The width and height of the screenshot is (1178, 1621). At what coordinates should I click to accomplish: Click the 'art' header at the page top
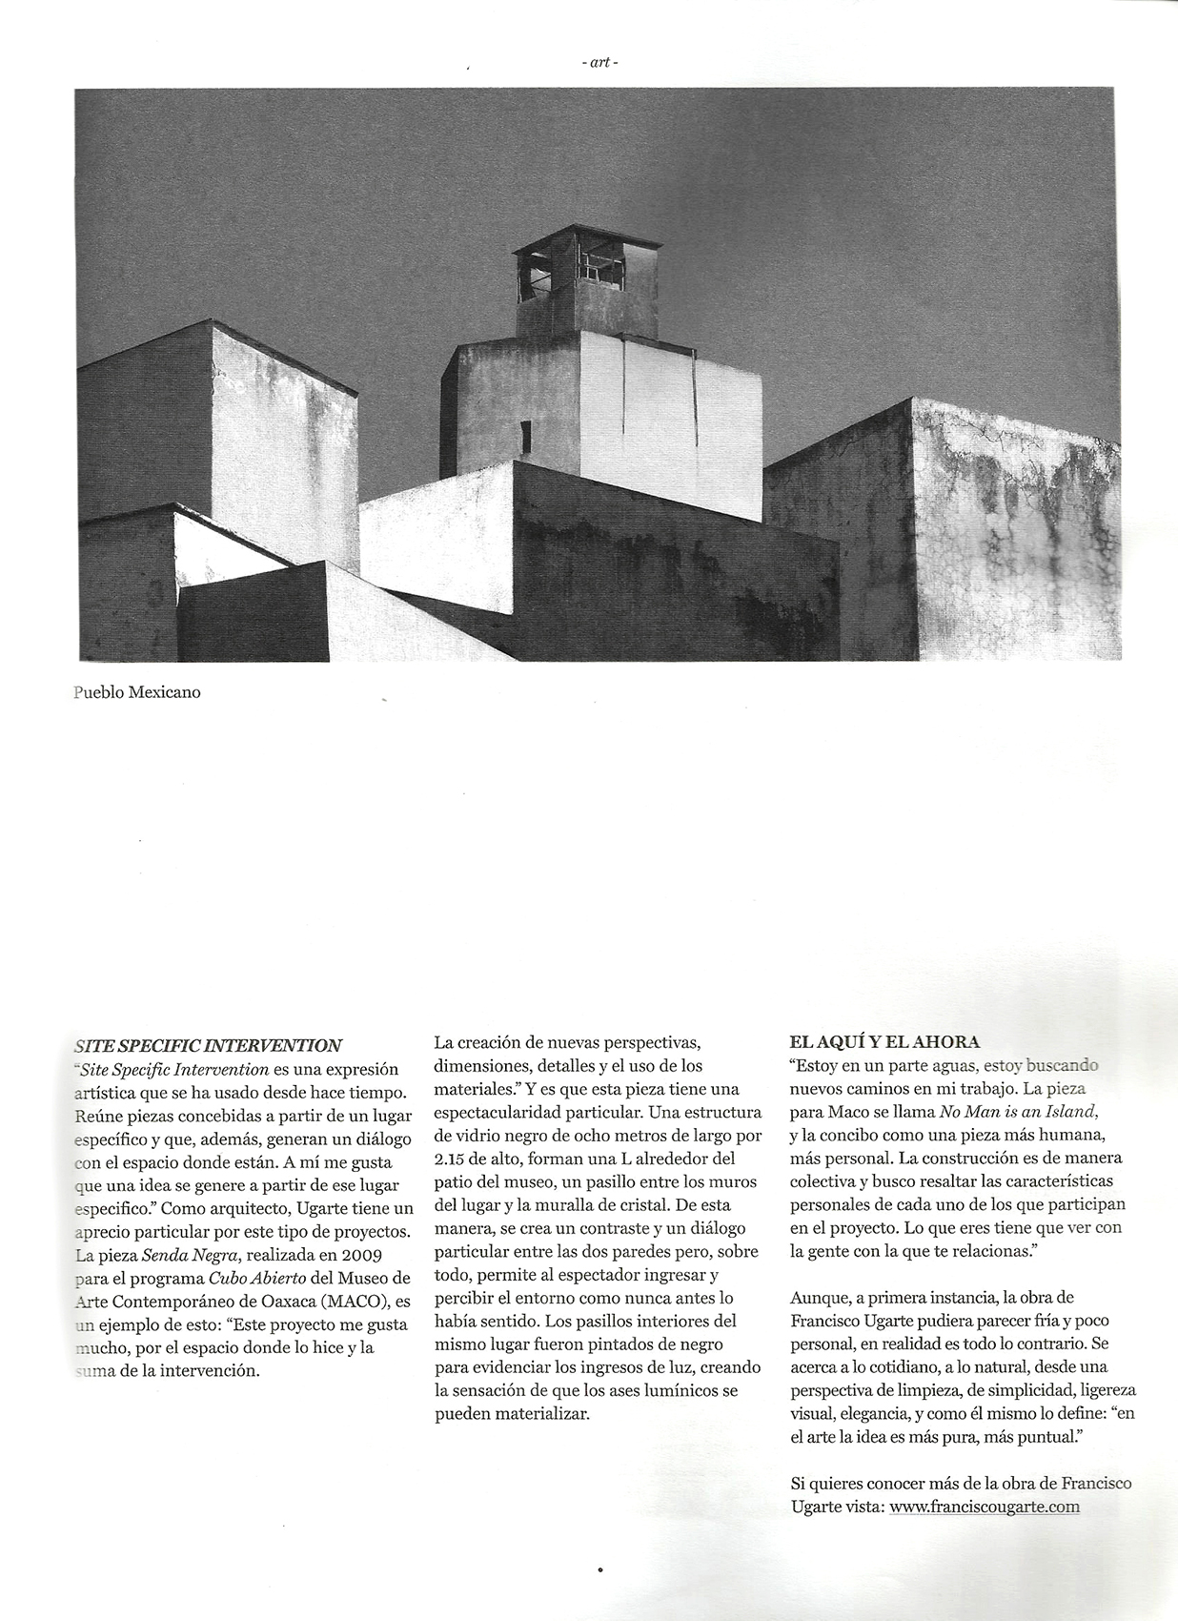pyautogui.click(x=599, y=63)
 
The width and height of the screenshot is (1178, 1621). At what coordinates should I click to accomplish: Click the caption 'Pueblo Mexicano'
pyautogui.click(x=137, y=692)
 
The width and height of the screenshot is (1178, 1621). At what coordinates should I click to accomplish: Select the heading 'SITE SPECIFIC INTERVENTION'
pyautogui.click(x=208, y=1045)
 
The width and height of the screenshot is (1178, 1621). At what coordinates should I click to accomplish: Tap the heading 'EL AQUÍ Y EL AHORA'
pyautogui.click(x=884, y=1041)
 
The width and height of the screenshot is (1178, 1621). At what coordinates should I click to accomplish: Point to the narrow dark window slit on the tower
pyautogui.click(x=525, y=436)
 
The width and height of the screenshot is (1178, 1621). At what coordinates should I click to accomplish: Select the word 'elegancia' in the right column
pyautogui.click(x=863, y=1414)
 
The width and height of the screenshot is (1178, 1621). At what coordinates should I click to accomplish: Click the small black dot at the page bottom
pyautogui.click(x=599, y=1569)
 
